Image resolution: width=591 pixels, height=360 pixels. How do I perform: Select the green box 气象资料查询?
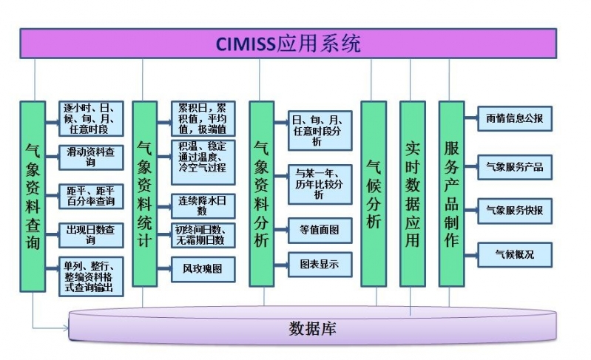33,196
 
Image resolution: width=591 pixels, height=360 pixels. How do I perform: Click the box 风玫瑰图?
203,268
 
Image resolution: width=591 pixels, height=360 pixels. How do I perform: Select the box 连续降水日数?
203,205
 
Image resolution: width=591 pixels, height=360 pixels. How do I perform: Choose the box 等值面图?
320,229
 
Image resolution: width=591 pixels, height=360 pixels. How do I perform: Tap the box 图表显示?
320,265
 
